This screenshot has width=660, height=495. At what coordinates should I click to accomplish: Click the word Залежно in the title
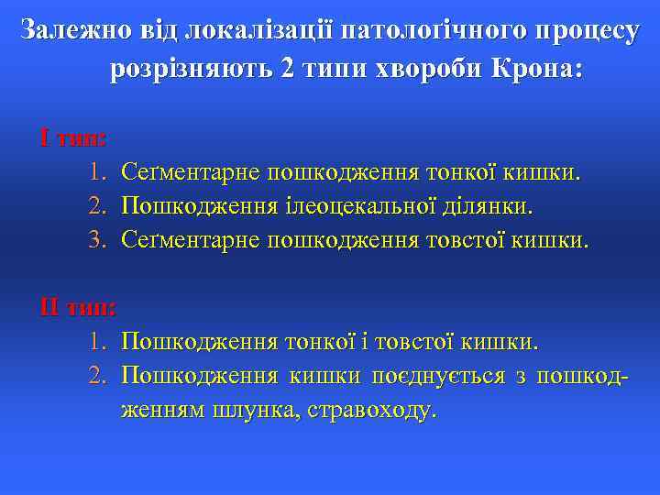(74, 31)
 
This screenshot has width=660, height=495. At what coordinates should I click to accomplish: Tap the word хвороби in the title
(423, 71)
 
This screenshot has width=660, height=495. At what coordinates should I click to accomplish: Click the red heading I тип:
(73, 138)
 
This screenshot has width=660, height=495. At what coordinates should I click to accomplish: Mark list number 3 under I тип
(99, 240)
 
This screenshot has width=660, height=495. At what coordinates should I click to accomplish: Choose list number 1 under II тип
(99, 342)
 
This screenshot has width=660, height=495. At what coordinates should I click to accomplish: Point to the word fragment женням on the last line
(161, 409)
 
